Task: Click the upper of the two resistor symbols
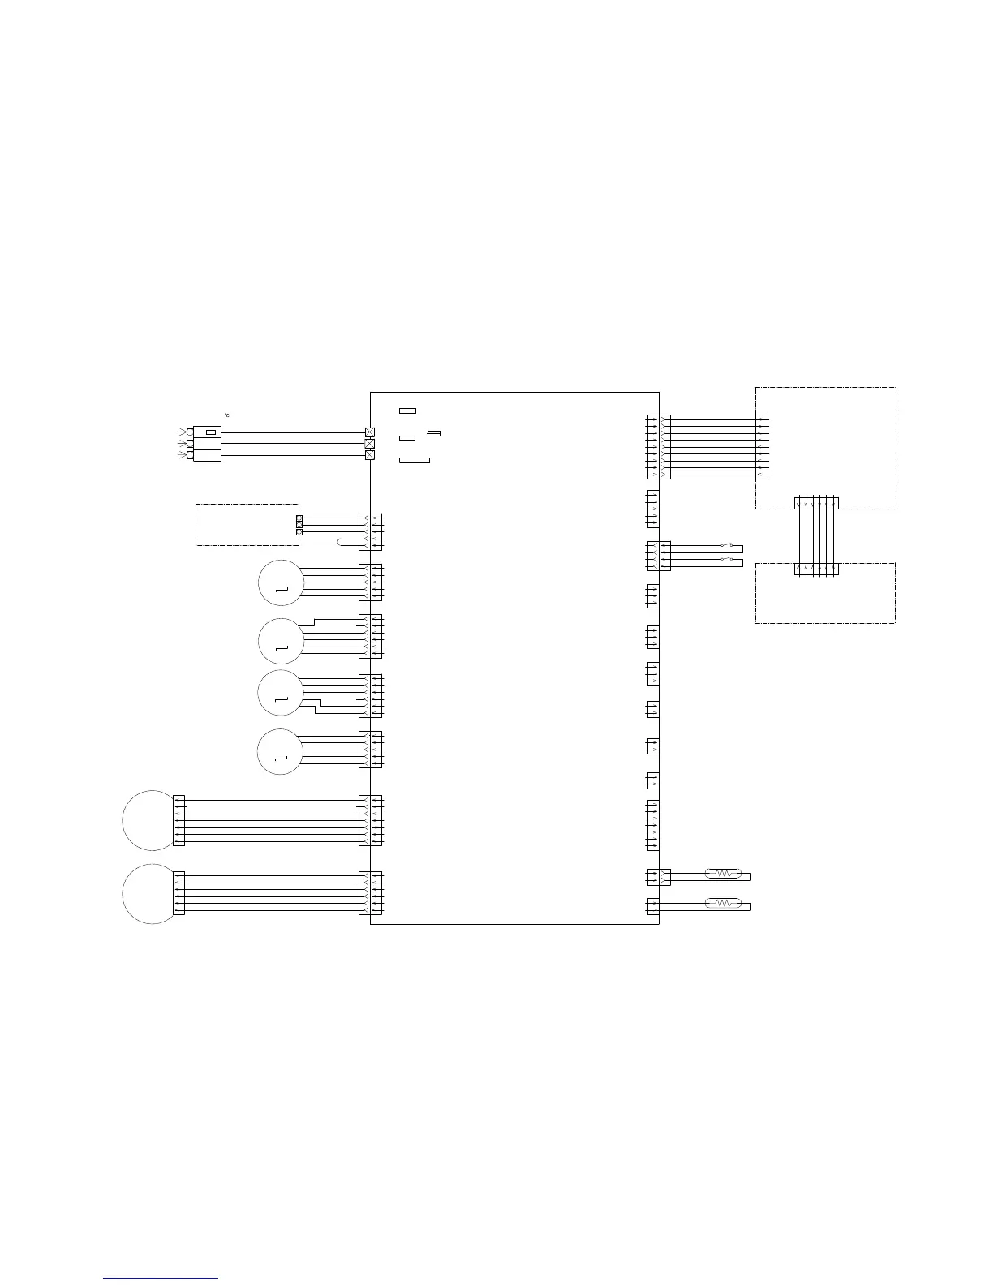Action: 722,874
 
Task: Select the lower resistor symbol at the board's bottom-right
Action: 722,903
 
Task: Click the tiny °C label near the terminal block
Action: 228,415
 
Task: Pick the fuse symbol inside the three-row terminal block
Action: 211,432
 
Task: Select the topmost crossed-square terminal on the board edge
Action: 370,432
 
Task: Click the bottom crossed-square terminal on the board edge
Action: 370,455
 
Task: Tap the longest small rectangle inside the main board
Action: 415,460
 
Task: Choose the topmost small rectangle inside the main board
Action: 407,411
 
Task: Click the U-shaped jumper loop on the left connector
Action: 344,542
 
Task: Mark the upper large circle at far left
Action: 149,819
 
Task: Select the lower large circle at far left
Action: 149,893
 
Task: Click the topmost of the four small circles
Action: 280,582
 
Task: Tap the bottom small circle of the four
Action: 280,751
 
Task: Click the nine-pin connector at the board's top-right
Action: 653,446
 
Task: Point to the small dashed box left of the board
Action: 247,524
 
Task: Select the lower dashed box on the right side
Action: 825,593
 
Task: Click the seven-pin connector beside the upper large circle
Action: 179,820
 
